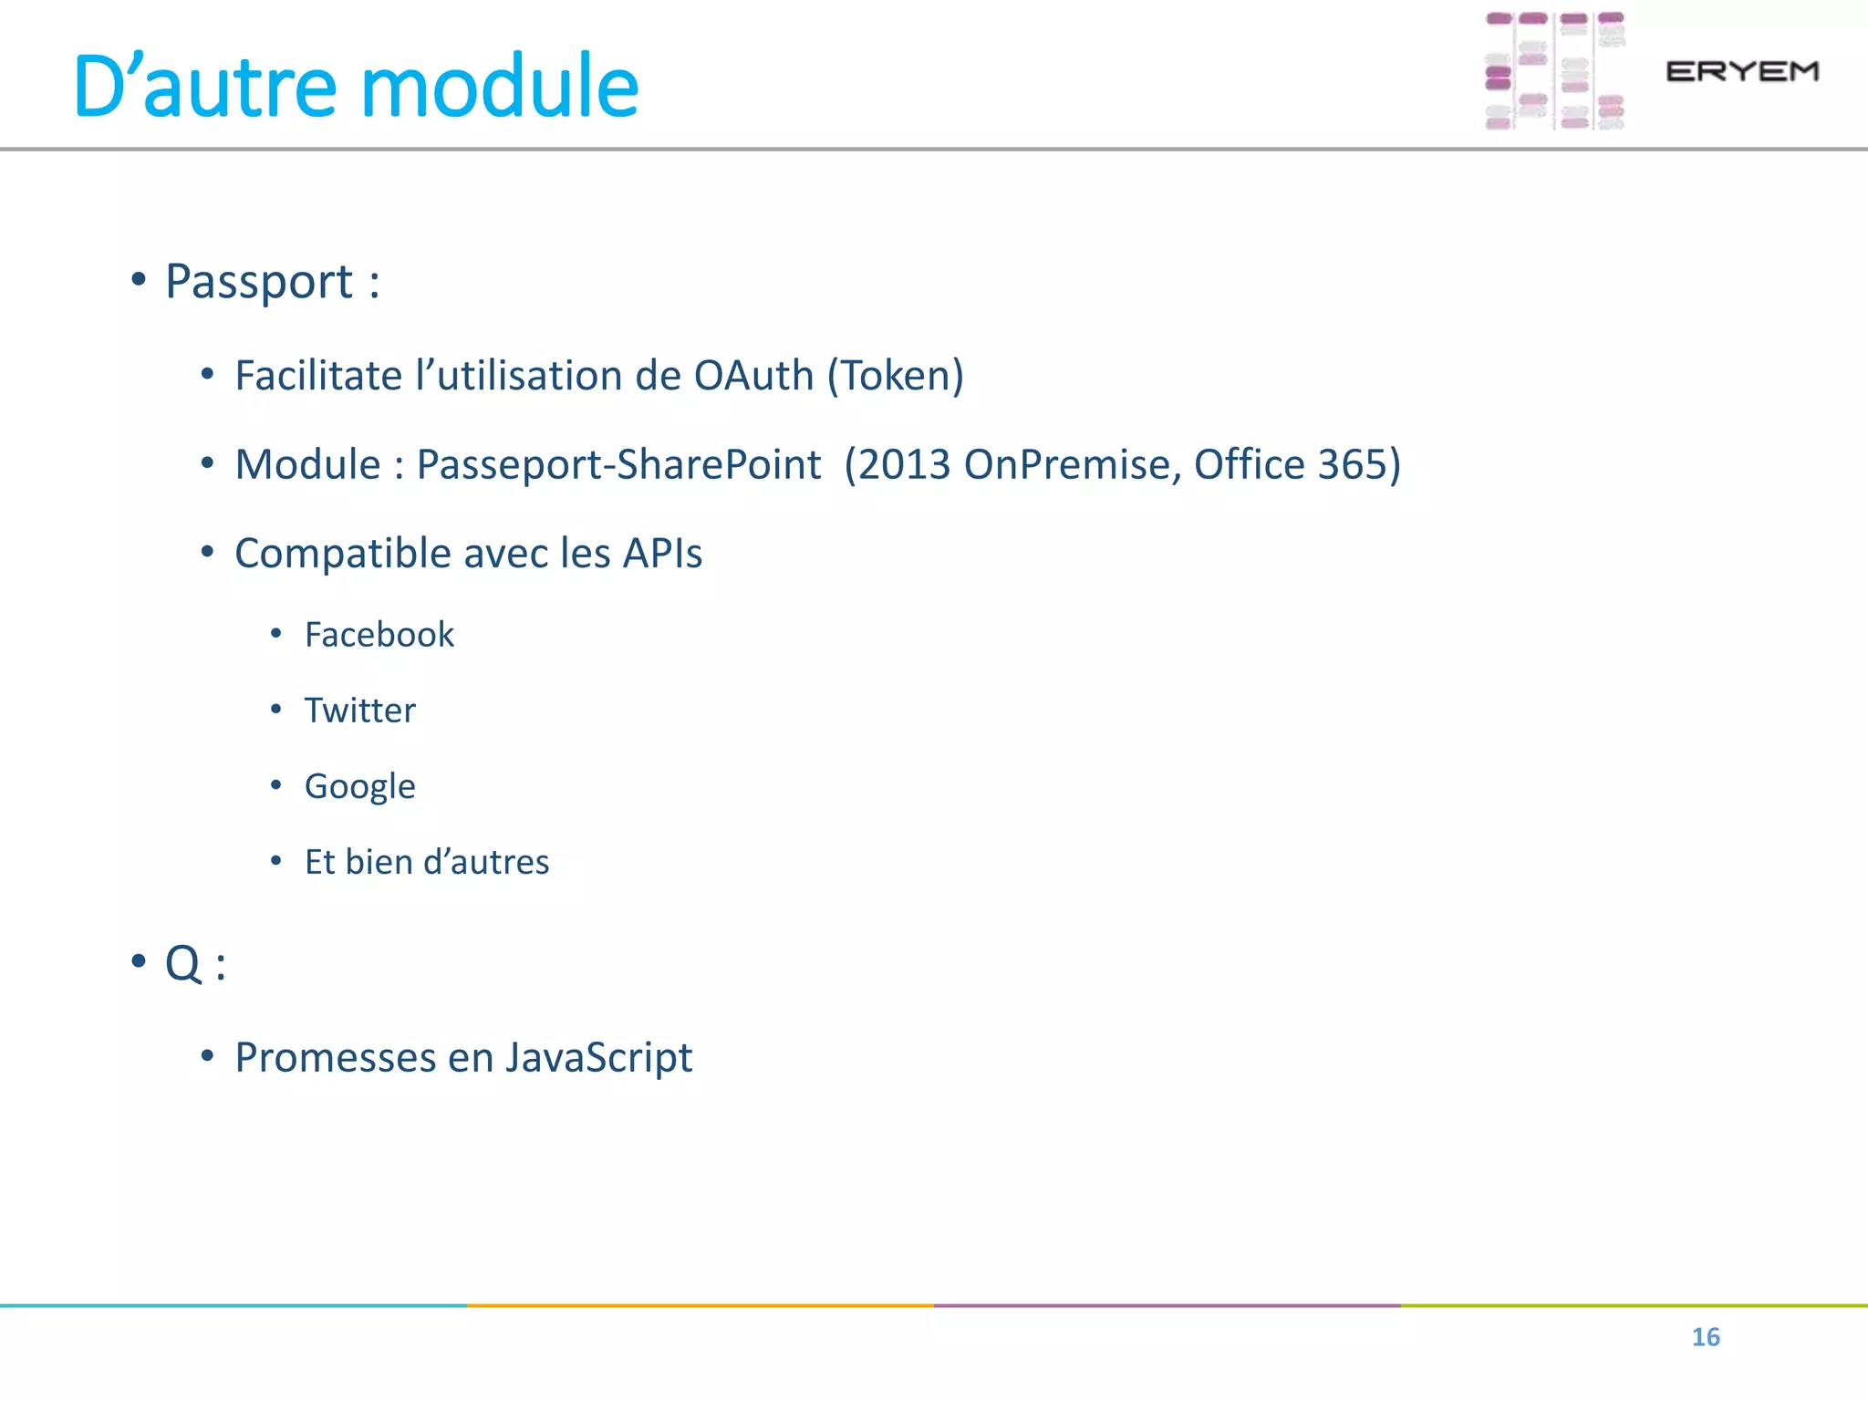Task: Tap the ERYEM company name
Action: coord(1742,71)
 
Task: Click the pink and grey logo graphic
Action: coord(1554,71)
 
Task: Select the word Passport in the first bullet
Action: coord(258,281)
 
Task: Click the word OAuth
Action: coord(753,376)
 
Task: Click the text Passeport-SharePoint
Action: coord(618,464)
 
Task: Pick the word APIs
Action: coord(662,554)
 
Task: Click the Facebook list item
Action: coord(379,635)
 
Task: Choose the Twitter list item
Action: coord(359,711)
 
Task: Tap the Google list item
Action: coord(359,786)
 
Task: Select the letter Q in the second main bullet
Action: coord(182,963)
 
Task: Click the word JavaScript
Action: coord(598,1058)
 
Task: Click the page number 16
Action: coord(1706,1337)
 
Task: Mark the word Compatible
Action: coord(342,554)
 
